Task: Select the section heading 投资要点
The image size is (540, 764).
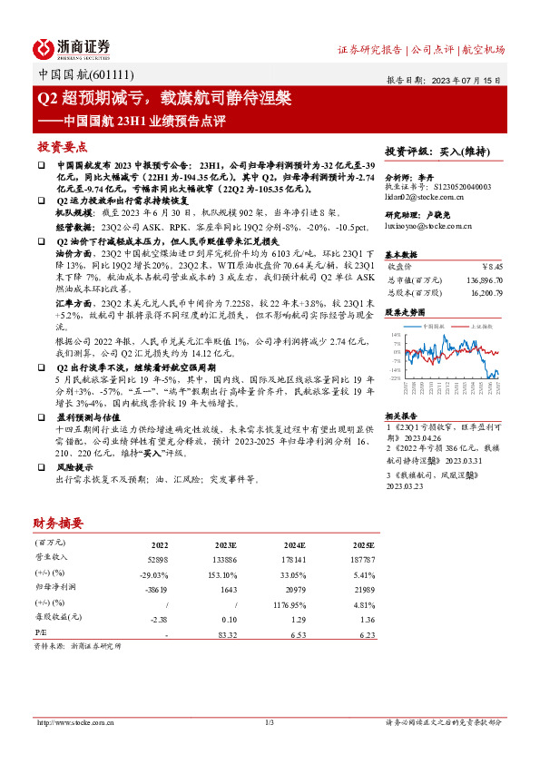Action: (x=62, y=146)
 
